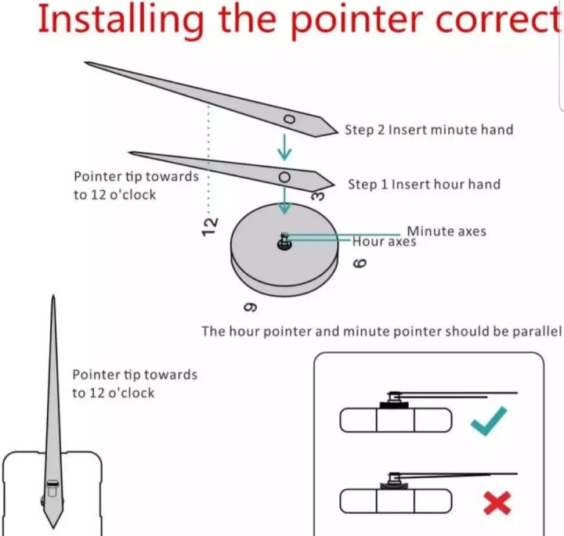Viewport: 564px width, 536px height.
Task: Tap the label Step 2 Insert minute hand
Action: [428, 129]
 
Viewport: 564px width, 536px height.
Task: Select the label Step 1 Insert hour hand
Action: [424, 185]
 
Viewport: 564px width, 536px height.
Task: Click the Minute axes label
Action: [446, 231]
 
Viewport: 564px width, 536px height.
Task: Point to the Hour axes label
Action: [384, 243]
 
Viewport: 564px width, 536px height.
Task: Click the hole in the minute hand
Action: [289, 119]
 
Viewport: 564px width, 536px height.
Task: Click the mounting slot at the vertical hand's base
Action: [52, 488]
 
